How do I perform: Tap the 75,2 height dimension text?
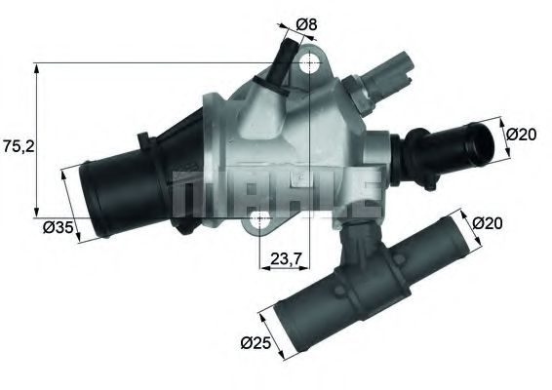tap(17, 146)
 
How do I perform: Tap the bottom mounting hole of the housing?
tap(259, 222)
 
